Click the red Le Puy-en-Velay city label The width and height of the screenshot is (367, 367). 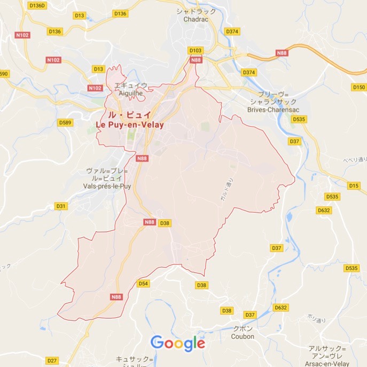[130, 124]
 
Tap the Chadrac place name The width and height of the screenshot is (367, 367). [195, 19]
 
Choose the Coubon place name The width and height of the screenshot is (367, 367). [243, 337]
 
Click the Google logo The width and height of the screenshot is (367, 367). [178, 343]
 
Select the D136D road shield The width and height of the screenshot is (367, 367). [38, 5]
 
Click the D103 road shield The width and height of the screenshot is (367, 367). [196, 51]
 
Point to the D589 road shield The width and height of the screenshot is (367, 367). [65, 123]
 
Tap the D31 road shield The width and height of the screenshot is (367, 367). [61, 206]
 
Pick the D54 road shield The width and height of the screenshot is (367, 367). [143, 284]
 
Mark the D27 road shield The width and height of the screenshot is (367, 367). [52, 361]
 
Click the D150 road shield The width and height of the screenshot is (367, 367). [358, 87]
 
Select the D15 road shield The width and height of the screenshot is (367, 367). [354, 185]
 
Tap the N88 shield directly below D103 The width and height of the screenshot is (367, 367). [196, 60]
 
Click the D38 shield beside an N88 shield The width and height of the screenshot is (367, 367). [165, 223]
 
